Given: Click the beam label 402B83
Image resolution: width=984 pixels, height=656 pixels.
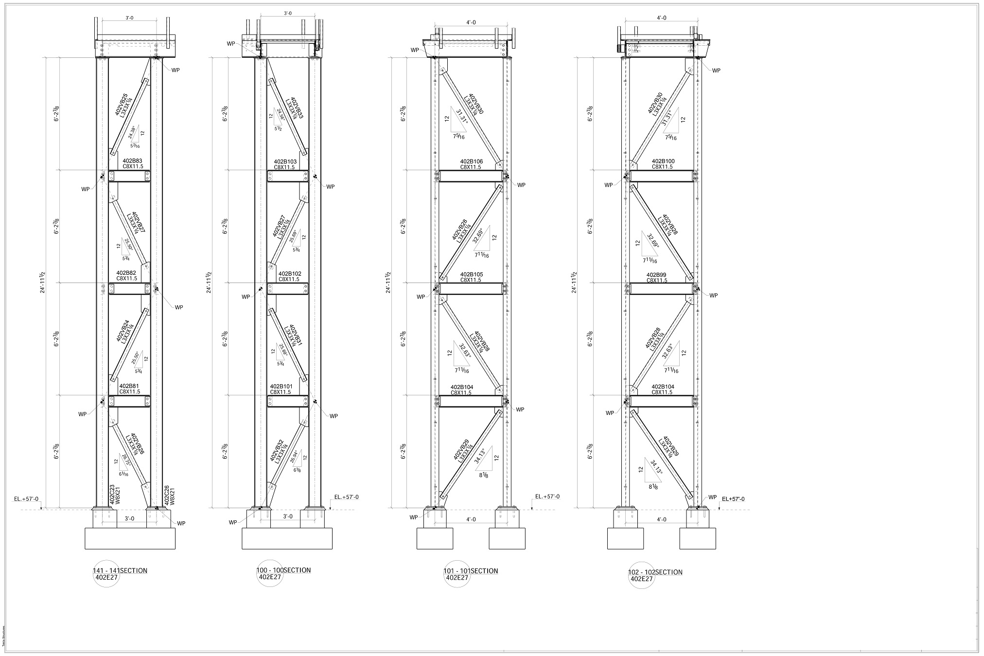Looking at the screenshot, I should pos(132,160).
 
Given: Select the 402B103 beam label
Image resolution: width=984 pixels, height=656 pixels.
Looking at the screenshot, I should pos(285,161).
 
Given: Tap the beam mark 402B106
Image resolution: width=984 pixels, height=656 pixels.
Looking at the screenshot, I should pos(472,161).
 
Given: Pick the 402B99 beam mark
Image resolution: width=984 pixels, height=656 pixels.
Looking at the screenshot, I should pos(657,275).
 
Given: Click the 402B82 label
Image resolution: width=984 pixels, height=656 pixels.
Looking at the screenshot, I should pos(126,273).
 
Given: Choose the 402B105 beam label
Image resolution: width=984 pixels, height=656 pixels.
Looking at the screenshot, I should pos(472,274).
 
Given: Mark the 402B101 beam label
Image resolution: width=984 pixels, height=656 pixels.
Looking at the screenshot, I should pos(281,387).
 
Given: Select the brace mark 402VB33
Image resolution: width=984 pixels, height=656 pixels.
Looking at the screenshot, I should pos(297,108).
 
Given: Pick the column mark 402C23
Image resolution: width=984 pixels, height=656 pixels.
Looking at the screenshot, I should pos(111,494).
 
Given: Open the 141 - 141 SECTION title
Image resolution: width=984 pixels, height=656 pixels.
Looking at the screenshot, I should pos(120,570).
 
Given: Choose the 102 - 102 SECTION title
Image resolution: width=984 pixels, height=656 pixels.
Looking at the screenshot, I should pos(655,572).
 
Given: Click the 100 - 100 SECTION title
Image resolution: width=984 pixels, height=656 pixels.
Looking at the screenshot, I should pos(284,570).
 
